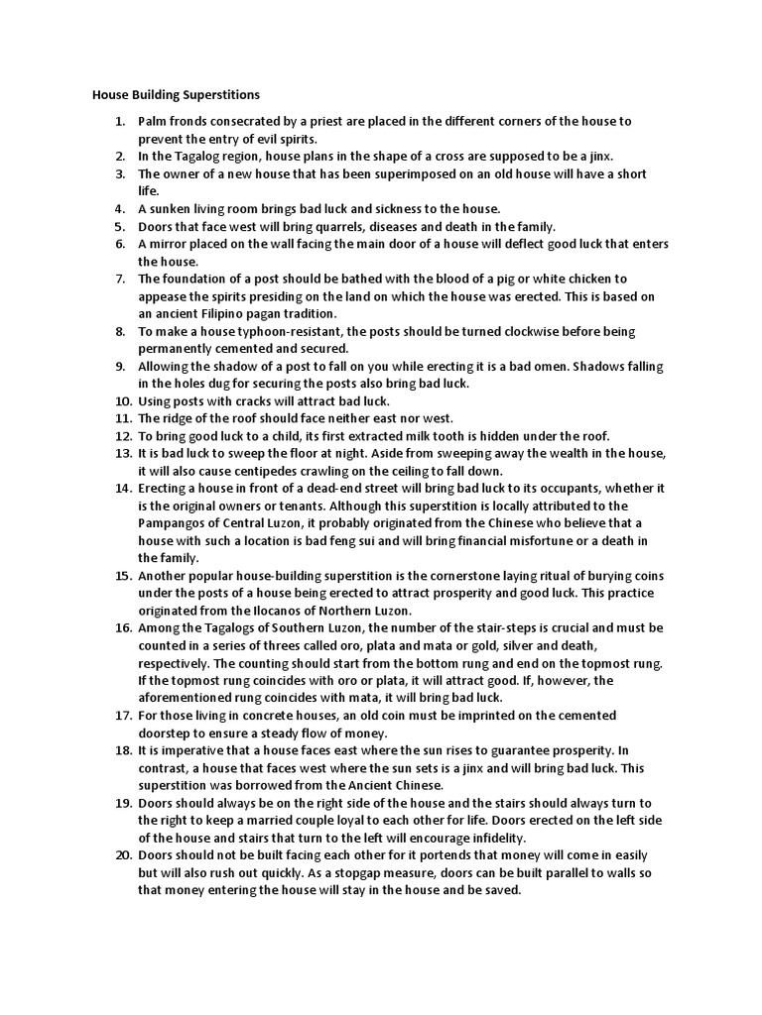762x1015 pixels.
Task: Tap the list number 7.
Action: [120, 279]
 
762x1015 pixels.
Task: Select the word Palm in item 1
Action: [153, 121]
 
